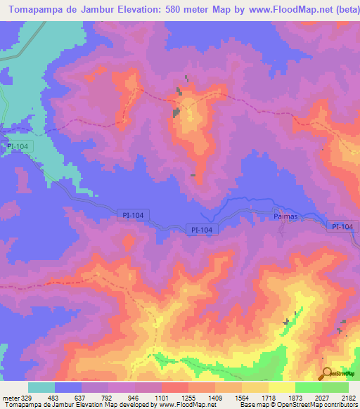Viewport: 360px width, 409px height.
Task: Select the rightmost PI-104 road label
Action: click(343, 226)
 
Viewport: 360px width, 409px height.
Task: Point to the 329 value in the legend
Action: click(20, 398)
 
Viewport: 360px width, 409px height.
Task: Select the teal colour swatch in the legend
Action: click(41, 387)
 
